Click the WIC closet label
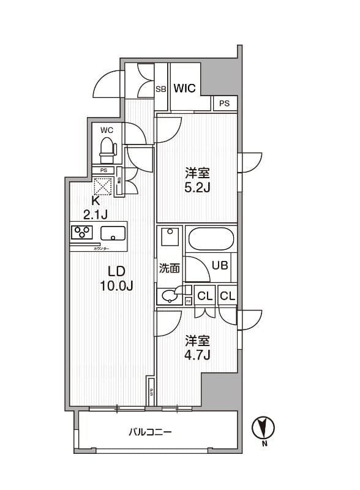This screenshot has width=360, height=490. [184, 88]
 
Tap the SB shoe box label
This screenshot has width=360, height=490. [161, 89]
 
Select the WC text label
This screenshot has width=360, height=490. [107, 130]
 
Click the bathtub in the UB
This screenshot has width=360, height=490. [211, 238]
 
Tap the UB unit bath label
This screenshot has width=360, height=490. [220, 265]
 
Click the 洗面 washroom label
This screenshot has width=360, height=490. [168, 267]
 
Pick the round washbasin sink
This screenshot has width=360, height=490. [168, 296]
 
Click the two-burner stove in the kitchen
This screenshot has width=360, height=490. [81, 233]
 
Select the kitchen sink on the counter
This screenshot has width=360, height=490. [113, 233]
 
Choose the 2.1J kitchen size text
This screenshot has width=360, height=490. [96, 213]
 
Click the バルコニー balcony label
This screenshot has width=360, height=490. [150, 432]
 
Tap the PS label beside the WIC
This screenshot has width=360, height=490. [225, 104]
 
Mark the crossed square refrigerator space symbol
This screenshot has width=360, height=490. [102, 185]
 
